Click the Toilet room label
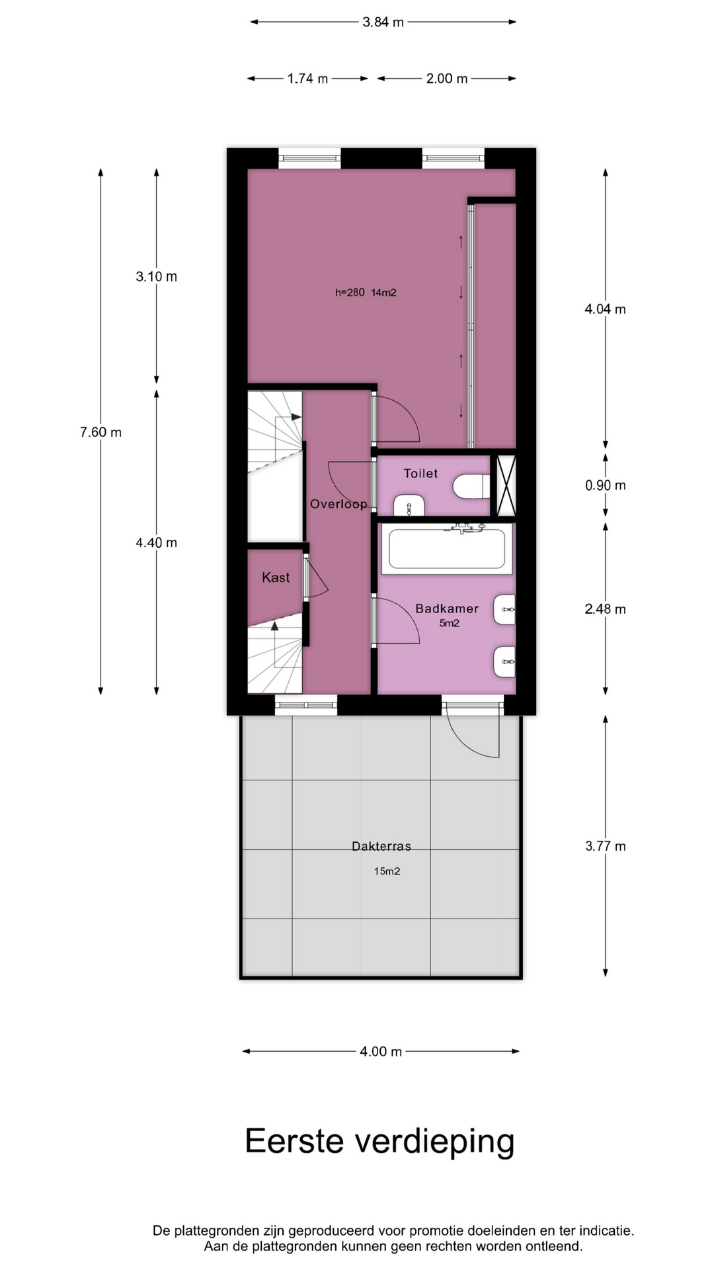420,474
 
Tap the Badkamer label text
447,609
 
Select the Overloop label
338,504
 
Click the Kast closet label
276,577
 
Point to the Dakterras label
381,846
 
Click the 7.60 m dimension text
101,433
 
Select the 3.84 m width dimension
383,22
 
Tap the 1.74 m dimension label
307,79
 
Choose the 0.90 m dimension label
606,486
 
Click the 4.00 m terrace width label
381,1052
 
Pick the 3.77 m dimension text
606,846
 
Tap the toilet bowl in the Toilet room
471,486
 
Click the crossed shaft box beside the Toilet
506,486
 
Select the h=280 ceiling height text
350,292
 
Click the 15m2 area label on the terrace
387,871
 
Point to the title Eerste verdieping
379,1142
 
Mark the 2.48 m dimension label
606,609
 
